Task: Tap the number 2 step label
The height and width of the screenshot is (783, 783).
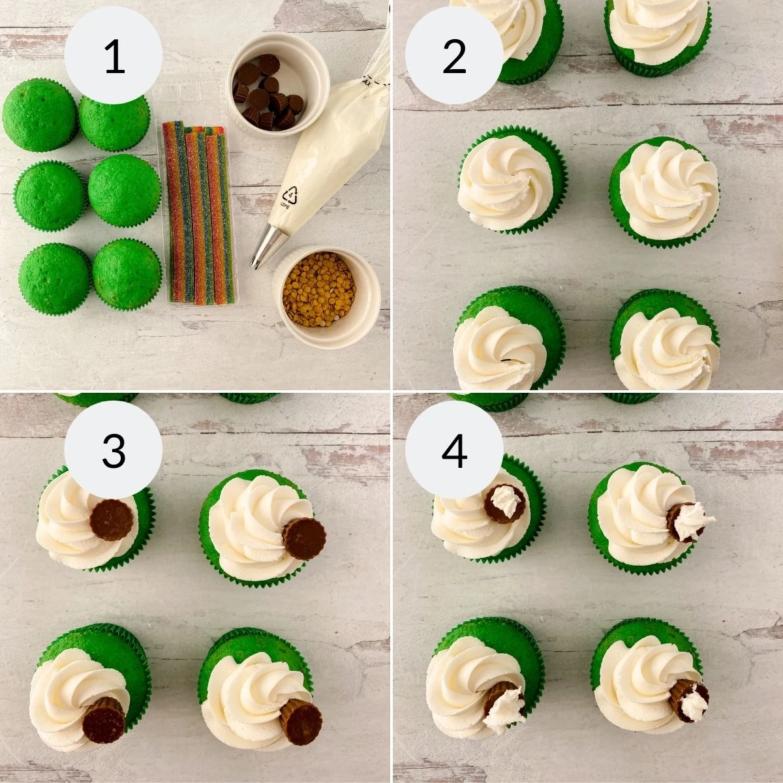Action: tap(454, 57)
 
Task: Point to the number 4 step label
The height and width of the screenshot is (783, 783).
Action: tap(454, 450)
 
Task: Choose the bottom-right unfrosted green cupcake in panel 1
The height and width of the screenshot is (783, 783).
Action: tap(127, 274)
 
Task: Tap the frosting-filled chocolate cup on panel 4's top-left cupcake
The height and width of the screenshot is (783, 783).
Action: tap(504, 503)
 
